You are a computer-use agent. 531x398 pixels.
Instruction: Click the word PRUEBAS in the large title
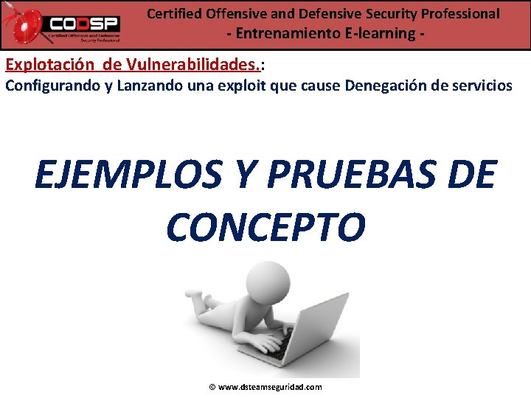[329, 175]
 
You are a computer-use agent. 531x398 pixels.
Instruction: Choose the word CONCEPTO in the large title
[265, 227]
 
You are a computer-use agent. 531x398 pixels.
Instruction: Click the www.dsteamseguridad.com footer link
[271, 387]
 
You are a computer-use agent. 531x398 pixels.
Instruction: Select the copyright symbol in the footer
[212, 387]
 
